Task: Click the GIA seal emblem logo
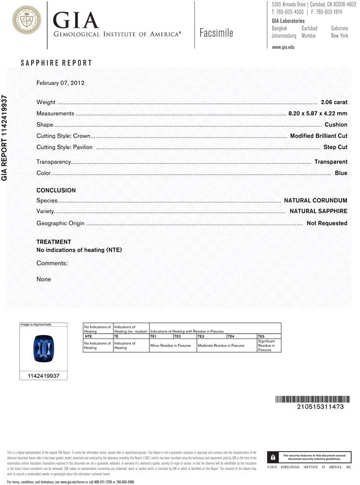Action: tap(27, 20)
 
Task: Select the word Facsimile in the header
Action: tap(216, 33)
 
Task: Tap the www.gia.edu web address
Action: tap(283, 47)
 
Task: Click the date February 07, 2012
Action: tap(61, 83)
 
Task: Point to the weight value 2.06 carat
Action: tap(334, 102)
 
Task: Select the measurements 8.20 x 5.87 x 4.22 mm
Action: tap(318, 113)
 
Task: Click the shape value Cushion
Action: tap(336, 125)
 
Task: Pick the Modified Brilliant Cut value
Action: tap(318, 136)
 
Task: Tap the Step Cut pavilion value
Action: tap(335, 146)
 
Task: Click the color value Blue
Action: tap(341, 173)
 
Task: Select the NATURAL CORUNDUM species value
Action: tap(315, 200)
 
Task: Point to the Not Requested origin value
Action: tap(327, 223)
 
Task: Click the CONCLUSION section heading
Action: tap(56, 191)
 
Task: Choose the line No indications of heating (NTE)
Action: tap(79, 250)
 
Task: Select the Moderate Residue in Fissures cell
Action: tap(221, 345)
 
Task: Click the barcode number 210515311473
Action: tap(320, 406)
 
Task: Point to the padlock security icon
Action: tap(273, 457)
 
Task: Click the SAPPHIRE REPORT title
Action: tap(56, 63)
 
